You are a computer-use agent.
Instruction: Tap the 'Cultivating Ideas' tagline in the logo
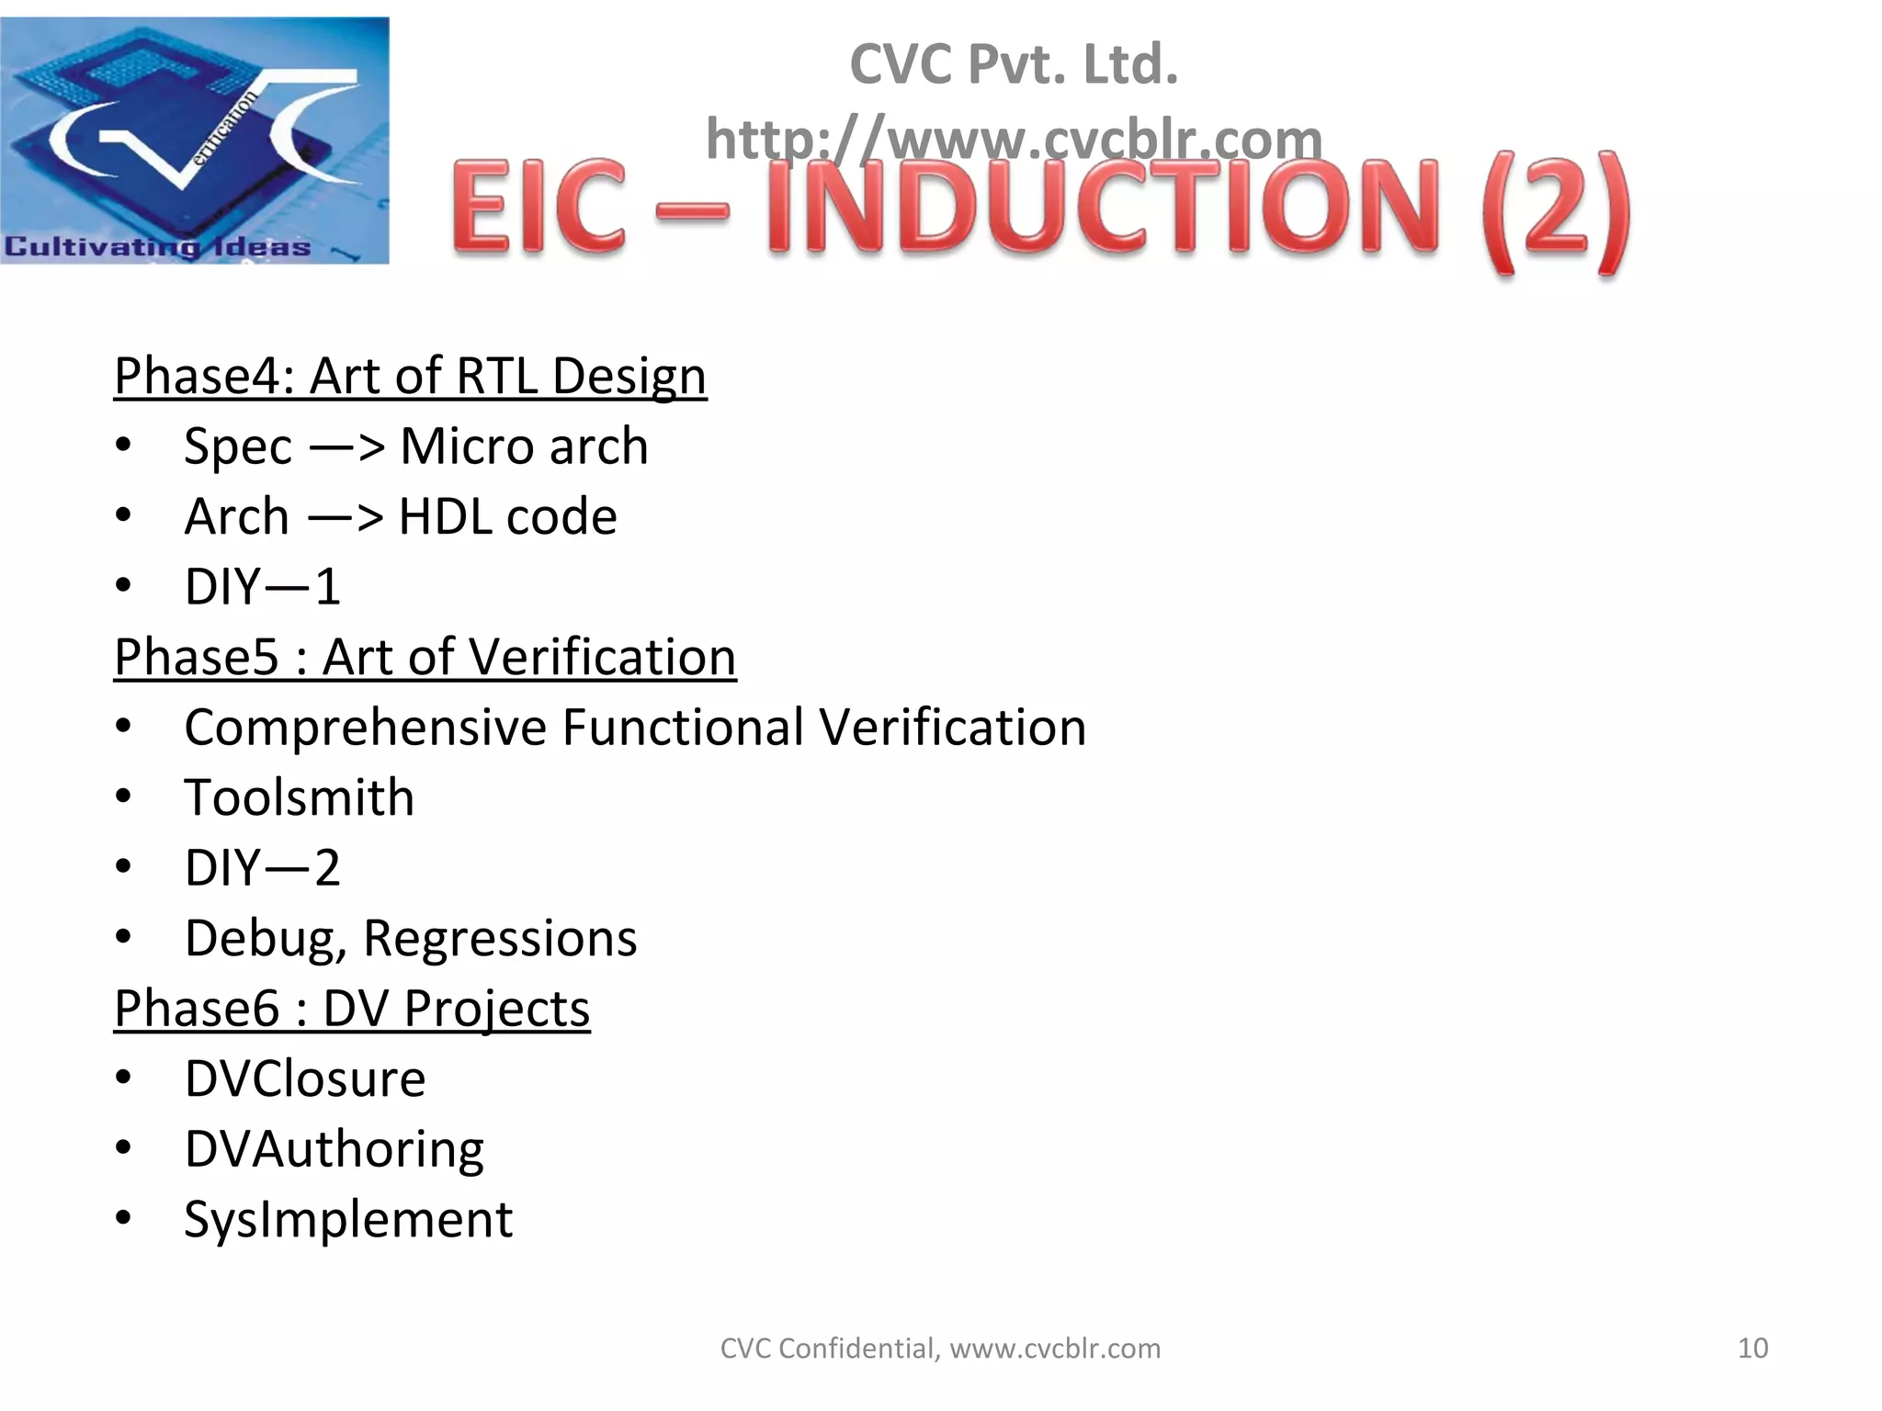[x=157, y=246]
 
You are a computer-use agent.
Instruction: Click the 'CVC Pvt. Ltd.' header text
[x=1014, y=64]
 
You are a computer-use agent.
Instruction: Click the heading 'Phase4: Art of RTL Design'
[x=410, y=376]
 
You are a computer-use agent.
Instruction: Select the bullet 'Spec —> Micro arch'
[x=415, y=446]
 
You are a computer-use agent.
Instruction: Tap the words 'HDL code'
[x=507, y=516]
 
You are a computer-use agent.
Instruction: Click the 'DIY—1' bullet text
[x=263, y=586]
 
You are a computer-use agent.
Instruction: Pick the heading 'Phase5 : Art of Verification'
[x=425, y=657]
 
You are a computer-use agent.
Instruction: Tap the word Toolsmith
[x=299, y=797]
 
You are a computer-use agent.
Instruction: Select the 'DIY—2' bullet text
[x=263, y=867]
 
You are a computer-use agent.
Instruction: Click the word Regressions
[x=500, y=938]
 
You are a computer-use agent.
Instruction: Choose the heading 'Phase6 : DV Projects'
[x=352, y=1009]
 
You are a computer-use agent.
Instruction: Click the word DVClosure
[x=305, y=1078]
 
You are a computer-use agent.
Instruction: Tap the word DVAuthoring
[x=334, y=1149]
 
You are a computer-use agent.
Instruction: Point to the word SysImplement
[x=348, y=1219]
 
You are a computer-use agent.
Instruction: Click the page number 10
[x=1752, y=1348]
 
